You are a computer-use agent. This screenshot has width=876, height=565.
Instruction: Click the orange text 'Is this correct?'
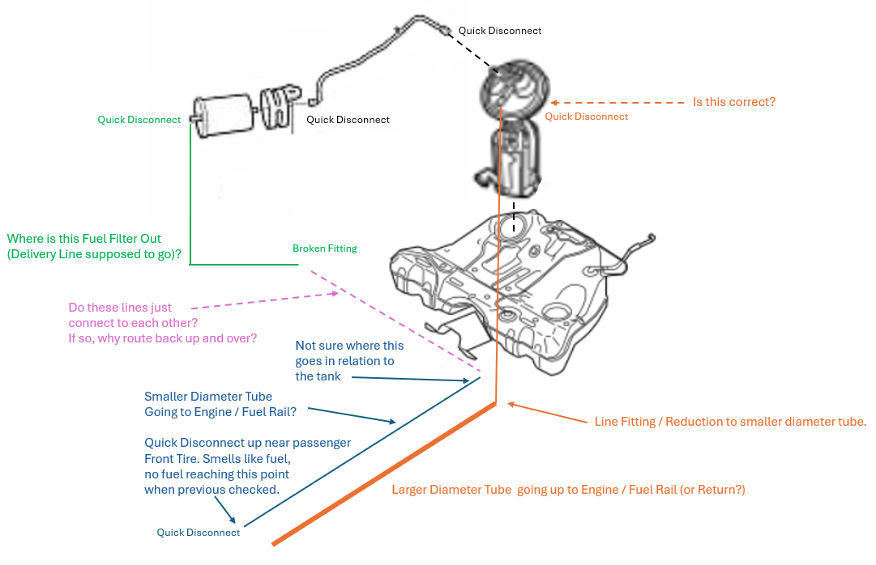coord(733,102)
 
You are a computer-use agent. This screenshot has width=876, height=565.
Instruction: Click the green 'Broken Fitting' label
coord(324,249)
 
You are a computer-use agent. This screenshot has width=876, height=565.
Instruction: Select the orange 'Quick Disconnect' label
coord(586,117)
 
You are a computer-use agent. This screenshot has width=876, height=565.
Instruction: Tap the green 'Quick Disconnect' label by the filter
coord(139,120)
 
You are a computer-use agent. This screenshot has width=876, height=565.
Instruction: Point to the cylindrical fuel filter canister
coord(223,117)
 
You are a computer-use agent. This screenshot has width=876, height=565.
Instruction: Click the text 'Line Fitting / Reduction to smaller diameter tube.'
coord(730,422)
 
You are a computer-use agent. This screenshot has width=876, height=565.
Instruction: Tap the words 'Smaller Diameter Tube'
coord(208,397)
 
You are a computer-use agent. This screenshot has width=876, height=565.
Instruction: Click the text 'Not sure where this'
coord(349,346)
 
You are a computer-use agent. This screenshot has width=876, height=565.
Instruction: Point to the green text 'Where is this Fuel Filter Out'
coord(84,239)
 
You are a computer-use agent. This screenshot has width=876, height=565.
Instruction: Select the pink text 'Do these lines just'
coord(131,308)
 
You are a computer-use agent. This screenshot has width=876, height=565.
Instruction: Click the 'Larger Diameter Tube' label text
coord(451,490)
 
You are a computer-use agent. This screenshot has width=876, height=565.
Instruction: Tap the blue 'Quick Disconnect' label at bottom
coord(199,533)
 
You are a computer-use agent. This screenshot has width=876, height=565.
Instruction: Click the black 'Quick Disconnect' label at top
coord(500,31)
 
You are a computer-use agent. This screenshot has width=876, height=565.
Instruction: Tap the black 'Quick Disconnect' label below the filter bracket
coord(348,120)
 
